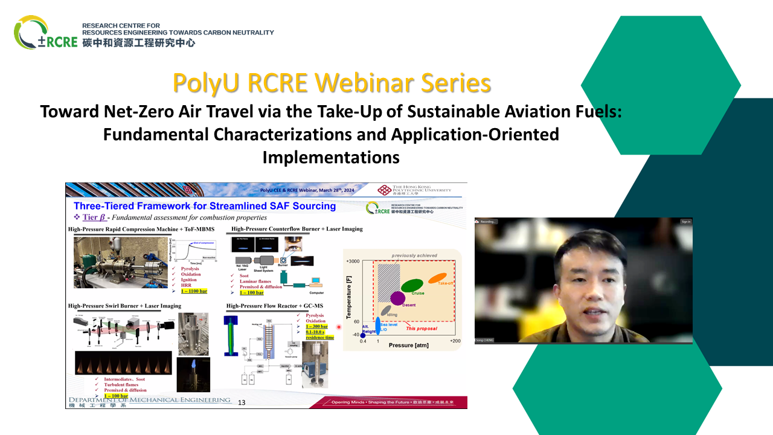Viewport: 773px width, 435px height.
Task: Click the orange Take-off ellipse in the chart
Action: pyautogui.click(x=437, y=279)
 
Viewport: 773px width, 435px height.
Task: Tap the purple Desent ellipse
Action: pyautogui.click(x=397, y=298)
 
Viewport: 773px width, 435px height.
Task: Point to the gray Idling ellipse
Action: pyautogui.click(x=385, y=311)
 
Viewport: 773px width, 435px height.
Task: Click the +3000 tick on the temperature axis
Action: pyautogui.click(x=352, y=260)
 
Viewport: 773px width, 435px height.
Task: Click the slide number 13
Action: pyautogui.click(x=242, y=402)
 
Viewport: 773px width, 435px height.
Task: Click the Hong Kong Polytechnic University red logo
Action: pyautogui.click(x=384, y=190)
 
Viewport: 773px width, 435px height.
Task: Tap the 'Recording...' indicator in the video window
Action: pyautogui.click(x=487, y=222)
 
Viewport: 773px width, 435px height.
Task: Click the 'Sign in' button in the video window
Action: pyautogui.click(x=685, y=222)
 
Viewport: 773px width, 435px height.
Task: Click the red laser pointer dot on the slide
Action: pyautogui.click(x=339, y=327)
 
